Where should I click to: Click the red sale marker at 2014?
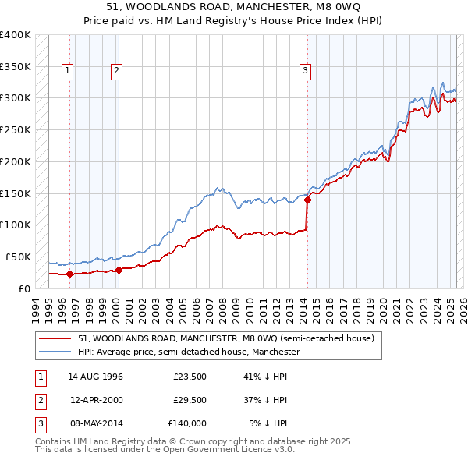coord(307,200)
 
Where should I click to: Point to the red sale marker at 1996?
coord(70,274)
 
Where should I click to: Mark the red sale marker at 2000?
coord(119,270)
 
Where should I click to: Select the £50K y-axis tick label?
coord(17,257)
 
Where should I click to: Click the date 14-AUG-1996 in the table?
coord(95,377)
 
